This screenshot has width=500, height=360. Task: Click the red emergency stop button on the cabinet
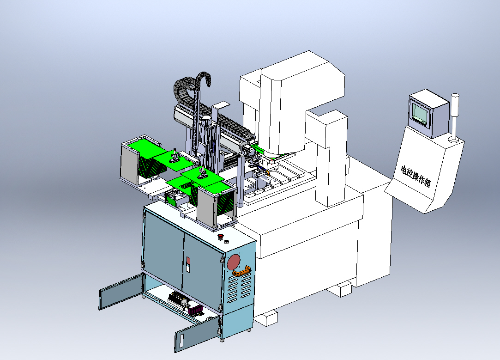pyautogui.click(x=220, y=237)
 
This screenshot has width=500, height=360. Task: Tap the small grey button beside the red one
pyautogui.click(x=227, y=241)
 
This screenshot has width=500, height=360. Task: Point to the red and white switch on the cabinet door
pyautogui.click(x=188, y=265)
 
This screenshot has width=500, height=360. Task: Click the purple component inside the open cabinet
pyautogui.click(x=195, y=310)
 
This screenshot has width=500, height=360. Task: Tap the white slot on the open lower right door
pyautogui.click(x=181, y=341)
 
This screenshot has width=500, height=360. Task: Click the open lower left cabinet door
pyautogui.click(x=120, y=292)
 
